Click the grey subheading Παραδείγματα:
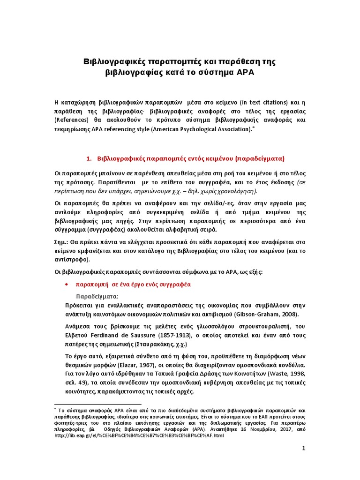pyautogui.click(x=97, y=297)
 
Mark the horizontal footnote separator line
pyautogui.click(x=98, y=404)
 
